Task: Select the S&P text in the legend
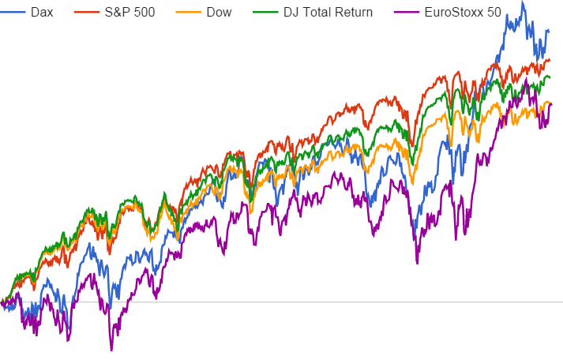[118, 13]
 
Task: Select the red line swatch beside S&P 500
[85, 13]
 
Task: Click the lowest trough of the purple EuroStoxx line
[111, 350]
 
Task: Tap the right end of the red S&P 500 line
[550, 59]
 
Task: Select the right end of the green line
[550, 77]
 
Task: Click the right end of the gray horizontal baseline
[561, 302]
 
